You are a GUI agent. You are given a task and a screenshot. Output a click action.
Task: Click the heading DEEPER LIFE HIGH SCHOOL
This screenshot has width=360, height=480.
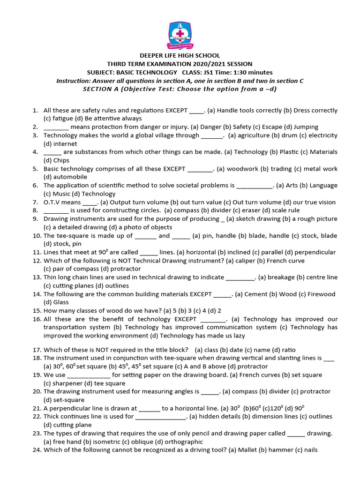pyautogui.click(x=180, y=56)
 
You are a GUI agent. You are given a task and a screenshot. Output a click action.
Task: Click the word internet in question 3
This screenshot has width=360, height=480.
pyautogui.click(x=53, y=144)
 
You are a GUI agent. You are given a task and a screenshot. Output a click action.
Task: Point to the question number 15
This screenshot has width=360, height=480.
pyautogui.click(x=36, y=311)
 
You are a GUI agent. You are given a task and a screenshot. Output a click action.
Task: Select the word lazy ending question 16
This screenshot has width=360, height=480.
pyautogui.click(x=238, y=336)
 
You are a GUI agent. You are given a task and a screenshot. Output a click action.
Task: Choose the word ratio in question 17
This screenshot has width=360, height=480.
pyautogui.click(x=288, y=350)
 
